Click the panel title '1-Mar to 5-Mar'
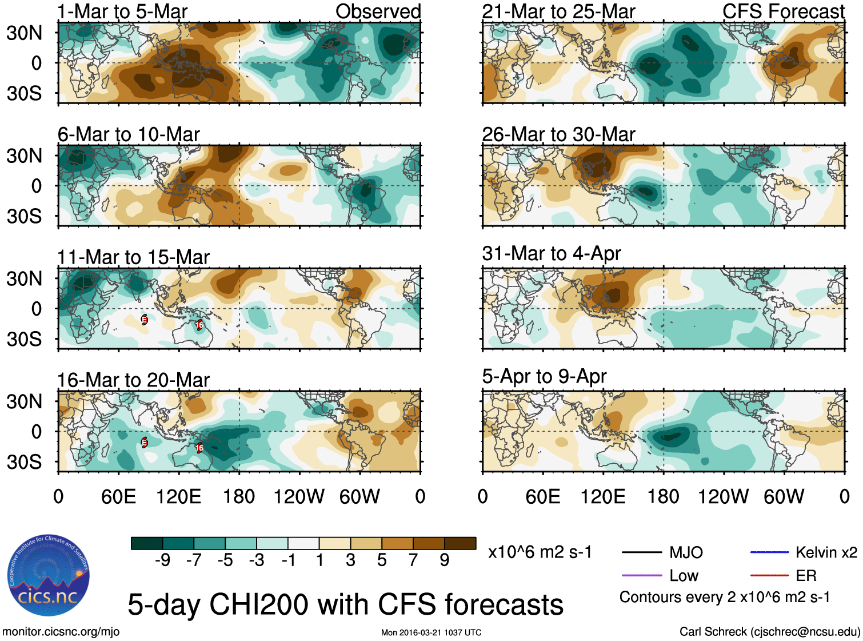point(122,11)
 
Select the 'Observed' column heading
point(378,11)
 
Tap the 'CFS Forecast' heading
point(783,11)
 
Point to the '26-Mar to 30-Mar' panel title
point(558,134)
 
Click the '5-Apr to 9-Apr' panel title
point(544,376)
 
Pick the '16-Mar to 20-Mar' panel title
point(133,380)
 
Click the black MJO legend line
point(641,552)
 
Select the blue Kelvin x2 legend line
point(769,552)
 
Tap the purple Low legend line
point(641,575)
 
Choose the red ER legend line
point(769,575)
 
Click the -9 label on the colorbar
point(162,560)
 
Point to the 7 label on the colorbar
point(413,560)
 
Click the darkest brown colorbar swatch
point(460,543)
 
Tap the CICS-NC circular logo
point(48,575)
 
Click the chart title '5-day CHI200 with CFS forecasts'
point(345,604)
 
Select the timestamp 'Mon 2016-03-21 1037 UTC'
point(431,632)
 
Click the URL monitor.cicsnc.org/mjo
point(61,632)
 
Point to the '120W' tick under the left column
point(299,496)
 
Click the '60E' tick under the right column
point(542,496)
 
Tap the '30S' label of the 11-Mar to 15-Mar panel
point(24,339)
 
